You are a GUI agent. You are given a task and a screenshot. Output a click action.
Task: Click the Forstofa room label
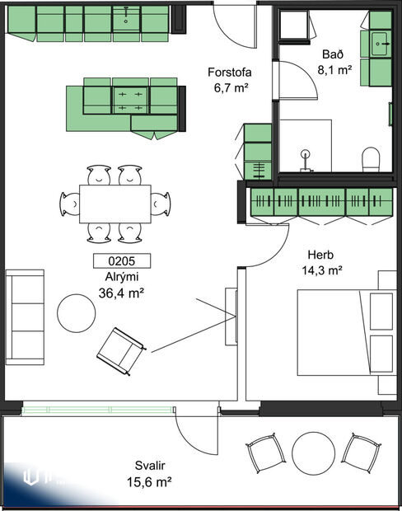click(x=229, y=73)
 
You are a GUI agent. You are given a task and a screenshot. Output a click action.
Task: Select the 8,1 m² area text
click(x=335, y=70)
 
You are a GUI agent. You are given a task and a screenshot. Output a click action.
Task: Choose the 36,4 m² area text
click(x=121, y=293)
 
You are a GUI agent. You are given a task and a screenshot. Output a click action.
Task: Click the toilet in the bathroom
click(x=371, y=158)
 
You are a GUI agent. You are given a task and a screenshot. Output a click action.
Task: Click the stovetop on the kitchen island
click(x=129, y=101)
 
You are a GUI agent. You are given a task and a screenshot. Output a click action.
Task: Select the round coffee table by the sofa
click(x=77, y=313)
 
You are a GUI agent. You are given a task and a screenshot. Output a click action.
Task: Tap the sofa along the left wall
click(x=26, y=316)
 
